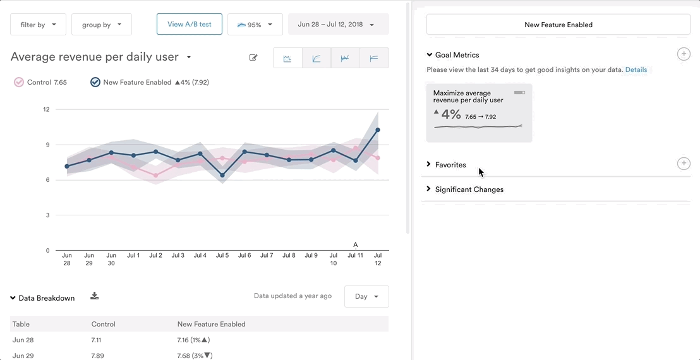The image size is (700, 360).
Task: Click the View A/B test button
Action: pos(190,25)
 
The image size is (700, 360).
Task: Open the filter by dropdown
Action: pos(38,25)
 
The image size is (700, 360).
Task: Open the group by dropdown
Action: pos(101,25)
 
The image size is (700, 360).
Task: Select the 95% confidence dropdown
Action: pos(255,25)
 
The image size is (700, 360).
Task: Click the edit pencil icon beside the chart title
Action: pos(253,58)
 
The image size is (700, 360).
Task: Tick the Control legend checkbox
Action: pos(19,82)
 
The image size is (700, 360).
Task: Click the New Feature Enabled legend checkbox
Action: pos(95,82)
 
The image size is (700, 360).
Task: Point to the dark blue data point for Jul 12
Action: pos(377,130)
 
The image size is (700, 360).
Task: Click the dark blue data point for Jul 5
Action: pos(222,175)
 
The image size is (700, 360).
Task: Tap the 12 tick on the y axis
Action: pos(46,109)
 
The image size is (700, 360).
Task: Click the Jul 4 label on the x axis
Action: pos(200,256)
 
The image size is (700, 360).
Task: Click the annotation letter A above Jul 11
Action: pos(356,245)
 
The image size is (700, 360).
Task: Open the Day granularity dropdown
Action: pos(366,296)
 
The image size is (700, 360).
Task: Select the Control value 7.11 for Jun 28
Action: pos(97,340)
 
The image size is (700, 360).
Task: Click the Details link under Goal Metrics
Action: pos(636,70)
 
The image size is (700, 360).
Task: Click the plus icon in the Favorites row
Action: pos(684,164)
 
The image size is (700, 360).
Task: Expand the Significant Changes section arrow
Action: pos(429,189)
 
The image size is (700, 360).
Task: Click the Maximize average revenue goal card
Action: pos(479,112)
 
